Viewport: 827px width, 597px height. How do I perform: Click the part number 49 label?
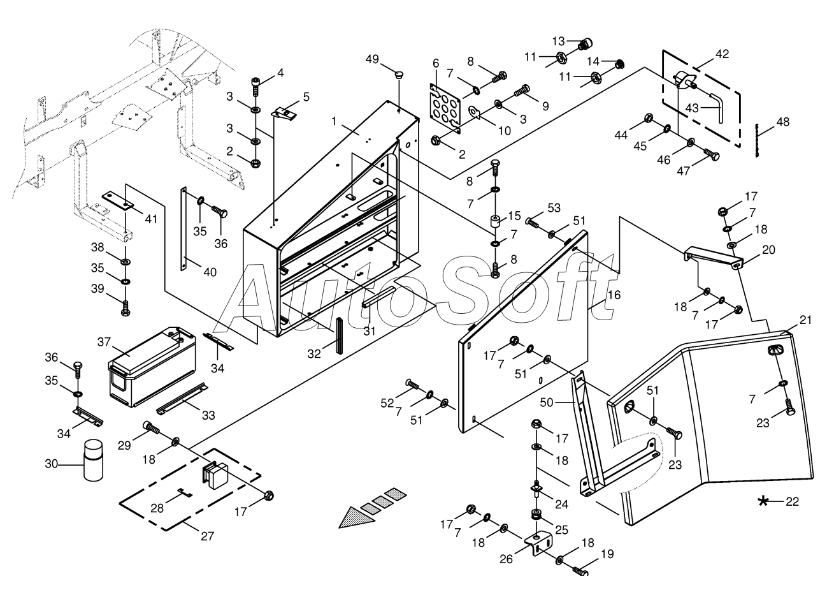pyautogui.click(x=372, y=59)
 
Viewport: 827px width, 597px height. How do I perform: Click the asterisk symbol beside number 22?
pyautogui.click(x=763, y=501)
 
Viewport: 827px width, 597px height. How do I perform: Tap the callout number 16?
pyautogui.click(x=614, y=295)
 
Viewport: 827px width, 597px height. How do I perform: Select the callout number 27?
pyautogui.click(x=208, y=536)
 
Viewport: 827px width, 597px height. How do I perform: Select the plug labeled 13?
pyautogui.click(x=584, y=44)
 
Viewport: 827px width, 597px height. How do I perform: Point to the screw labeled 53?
pyautogui.click(x=532, y=223)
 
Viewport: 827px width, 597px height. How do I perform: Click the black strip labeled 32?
pyautogui.click(x=340, y=335)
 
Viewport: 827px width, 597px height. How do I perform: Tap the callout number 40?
pyautogui.click(x=210, y=272)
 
